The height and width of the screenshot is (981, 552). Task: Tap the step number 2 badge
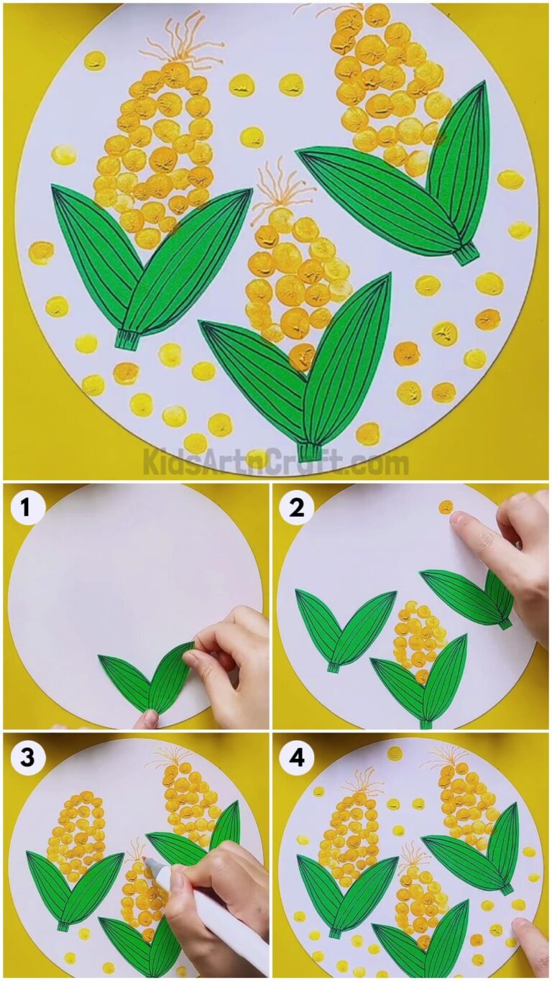click(297, 508)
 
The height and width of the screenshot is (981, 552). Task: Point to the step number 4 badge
click(297, 757)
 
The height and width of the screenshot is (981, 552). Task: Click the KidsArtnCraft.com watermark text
click(276, 461)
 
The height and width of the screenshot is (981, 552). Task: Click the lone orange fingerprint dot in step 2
click(446, 507)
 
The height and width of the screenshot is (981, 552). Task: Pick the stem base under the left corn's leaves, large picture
click(128, 338)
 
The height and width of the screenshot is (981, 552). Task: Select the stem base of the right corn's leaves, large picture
click(466, 252)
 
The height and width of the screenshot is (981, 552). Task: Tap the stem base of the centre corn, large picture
click(310, 451)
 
